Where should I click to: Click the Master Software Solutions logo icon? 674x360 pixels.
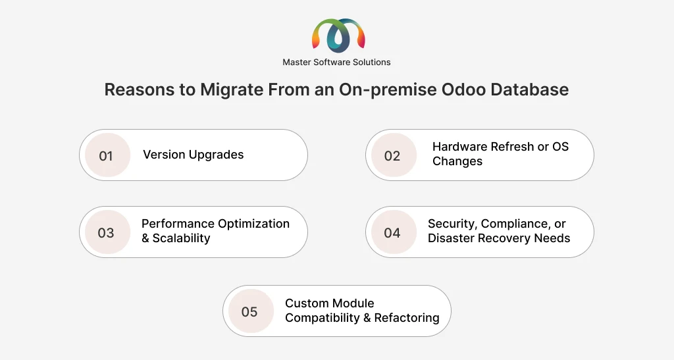[x=338, y=36]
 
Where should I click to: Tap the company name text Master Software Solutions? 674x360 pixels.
[x=336, y=63]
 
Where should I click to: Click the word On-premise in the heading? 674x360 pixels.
[x=389, y=90]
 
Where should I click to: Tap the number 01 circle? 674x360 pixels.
[x=106, y=155]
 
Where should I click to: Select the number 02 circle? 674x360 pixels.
[x=392, y=155]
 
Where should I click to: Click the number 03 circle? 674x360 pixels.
[x=106, y=233]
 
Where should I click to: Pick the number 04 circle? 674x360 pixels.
[x=392, y=233]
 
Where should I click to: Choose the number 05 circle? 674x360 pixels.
[x=249, y=311]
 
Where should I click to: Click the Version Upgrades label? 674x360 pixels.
[x=193, y=155]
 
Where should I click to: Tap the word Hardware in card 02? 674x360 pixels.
[x=459, y=147]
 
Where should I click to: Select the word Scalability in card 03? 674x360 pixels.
[x=181, y=238]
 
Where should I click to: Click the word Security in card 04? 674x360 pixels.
[x=452, y=224]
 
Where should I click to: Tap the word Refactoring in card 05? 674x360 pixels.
[x=406, y=318]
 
